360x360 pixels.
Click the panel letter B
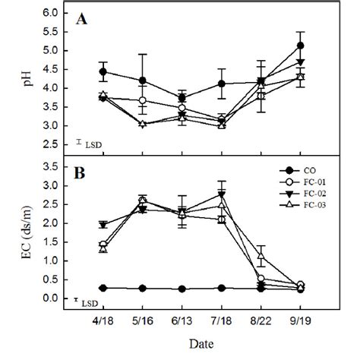(x=81, y=171)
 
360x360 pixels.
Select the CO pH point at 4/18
(x=103, y=71)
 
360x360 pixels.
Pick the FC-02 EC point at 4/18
(x=103, y=224)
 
